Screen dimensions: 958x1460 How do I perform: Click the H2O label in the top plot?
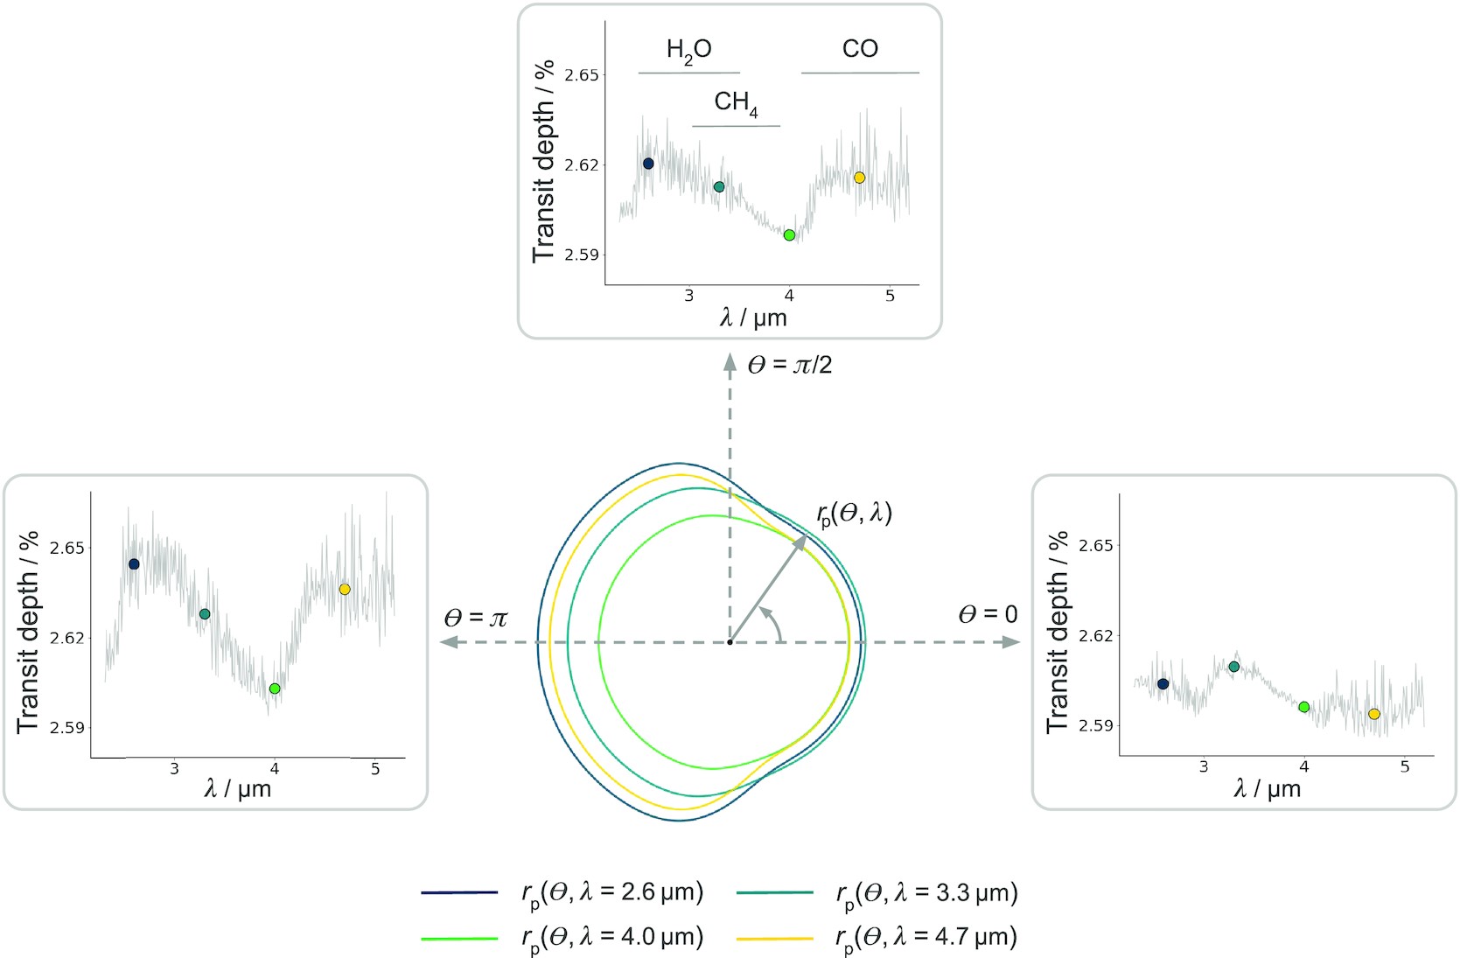[688, 51]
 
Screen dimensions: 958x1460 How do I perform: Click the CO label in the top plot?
[860, 49]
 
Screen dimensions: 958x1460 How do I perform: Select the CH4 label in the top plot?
[736, 103]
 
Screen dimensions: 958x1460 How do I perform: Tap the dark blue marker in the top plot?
[648, 164]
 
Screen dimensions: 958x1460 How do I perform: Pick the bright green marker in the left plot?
[275, 689]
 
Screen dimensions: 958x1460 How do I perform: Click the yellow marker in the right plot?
[1374, 714]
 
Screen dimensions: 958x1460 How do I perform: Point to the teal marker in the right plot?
[1234, 667]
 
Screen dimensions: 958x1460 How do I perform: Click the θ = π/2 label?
[789, 365]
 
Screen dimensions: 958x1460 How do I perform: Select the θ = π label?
[475, 619]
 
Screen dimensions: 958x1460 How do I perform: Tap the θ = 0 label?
[988, 615]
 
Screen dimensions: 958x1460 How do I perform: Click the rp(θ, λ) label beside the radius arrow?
[854, 514]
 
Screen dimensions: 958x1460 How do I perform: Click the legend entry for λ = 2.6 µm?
[612, 892]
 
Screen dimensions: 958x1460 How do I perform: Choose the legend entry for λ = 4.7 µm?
[926, 938]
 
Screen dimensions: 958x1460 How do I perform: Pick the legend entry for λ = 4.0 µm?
[612, 938]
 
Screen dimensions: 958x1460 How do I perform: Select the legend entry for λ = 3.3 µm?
[926, 892]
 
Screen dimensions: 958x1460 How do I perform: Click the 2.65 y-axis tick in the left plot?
[67, 548]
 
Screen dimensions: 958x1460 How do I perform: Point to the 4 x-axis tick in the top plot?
[789, 297]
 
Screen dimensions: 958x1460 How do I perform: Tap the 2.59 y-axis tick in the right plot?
[1096, 725]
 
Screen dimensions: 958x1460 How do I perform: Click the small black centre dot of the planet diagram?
[730, 642]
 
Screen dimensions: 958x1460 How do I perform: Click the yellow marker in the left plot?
[345, 590]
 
